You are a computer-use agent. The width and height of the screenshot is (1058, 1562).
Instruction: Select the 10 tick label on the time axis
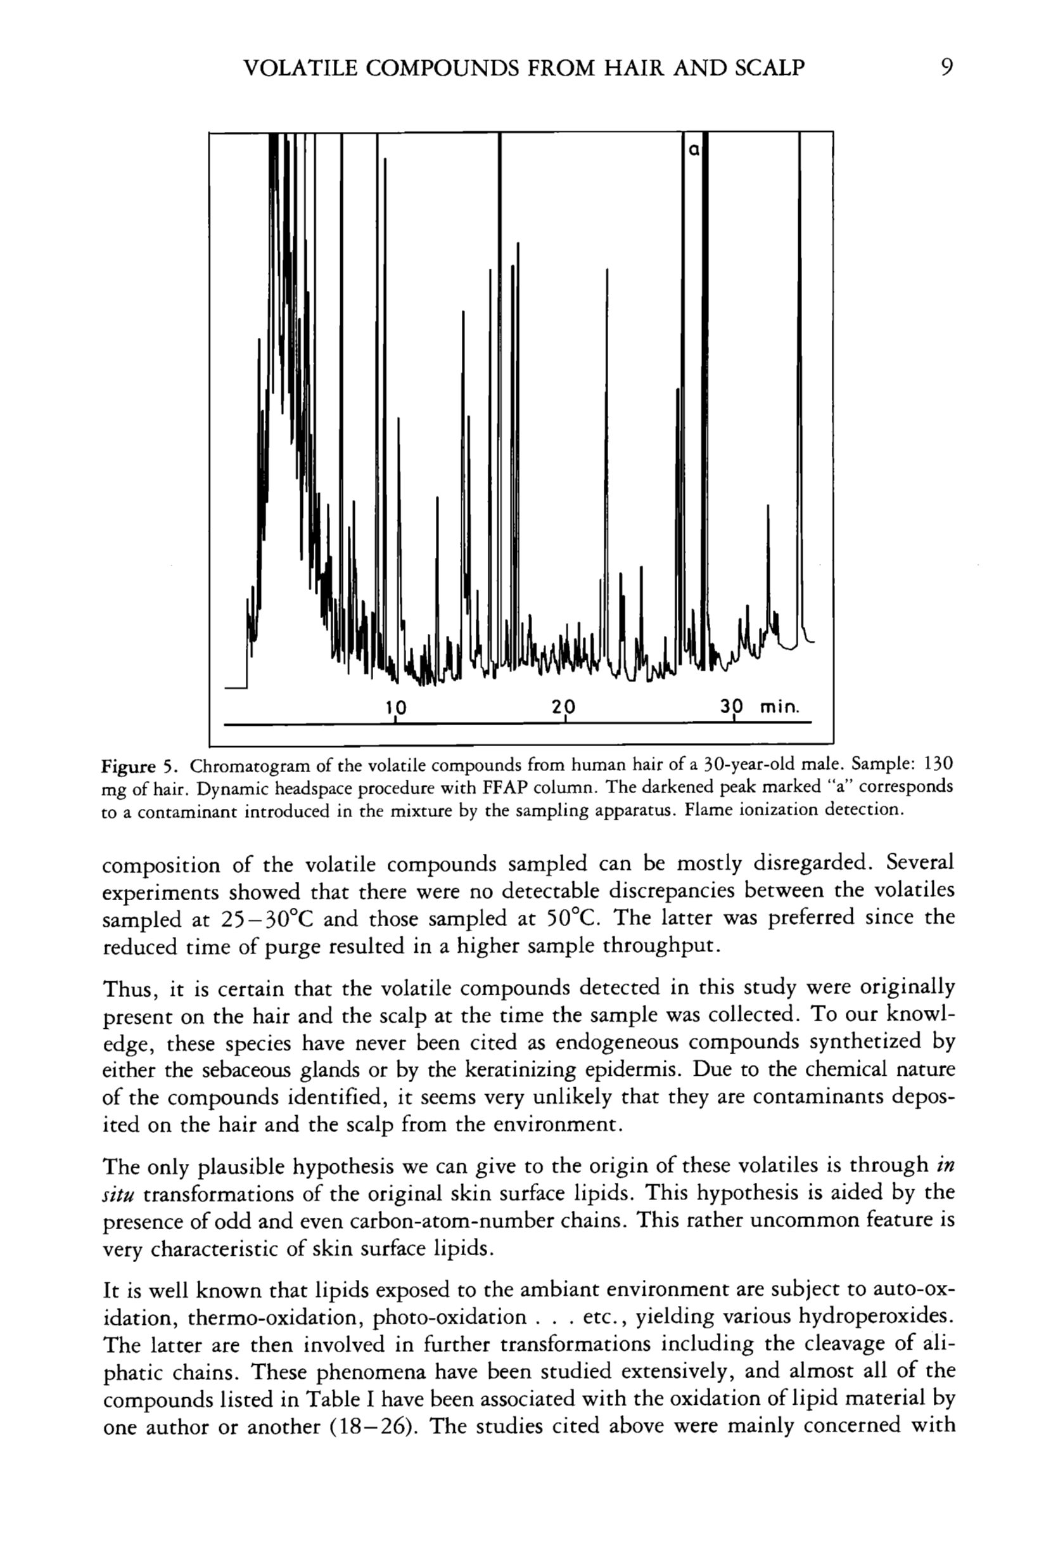397,706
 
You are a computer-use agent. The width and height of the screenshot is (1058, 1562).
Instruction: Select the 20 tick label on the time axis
564,706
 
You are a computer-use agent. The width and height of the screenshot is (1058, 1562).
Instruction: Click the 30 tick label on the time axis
732,706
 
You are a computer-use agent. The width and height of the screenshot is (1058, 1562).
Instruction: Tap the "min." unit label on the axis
780,707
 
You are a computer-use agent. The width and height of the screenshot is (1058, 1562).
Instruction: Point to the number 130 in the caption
938,764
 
